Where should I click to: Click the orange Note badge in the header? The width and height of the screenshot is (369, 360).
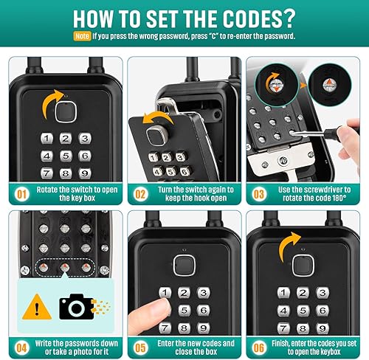(x=82, y=36)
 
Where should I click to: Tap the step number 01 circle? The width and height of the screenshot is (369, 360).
(x=21, y=194)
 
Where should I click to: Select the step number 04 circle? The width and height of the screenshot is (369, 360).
(x=21, y=347)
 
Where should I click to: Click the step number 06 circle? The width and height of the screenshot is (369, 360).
(x=259, y=347)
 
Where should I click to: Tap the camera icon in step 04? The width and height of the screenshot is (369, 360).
(x=77, y=307)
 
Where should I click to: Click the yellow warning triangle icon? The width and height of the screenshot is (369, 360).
(x=37, y=307)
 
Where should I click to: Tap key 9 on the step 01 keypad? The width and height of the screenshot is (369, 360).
(x=85, y=173)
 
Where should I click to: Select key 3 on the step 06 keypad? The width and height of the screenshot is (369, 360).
(x=323, y=293)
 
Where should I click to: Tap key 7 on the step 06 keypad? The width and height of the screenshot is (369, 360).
(x=283, y=328)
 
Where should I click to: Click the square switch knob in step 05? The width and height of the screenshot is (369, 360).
(x=184, y=266)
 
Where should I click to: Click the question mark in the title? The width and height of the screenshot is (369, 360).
(x=287, y=19)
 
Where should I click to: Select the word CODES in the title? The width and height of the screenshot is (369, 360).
(x=249, y=19)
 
